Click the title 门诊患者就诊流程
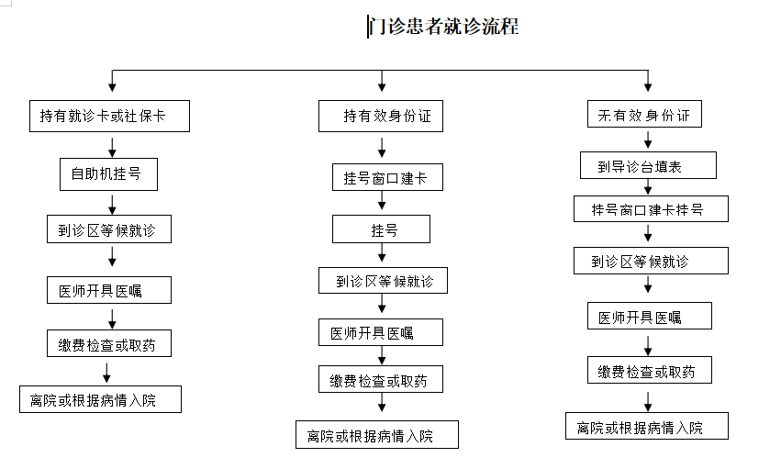pos(444,27)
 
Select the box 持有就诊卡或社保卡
pos(109,116)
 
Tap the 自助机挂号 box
pos(108,174)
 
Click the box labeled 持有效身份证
pos(381,116)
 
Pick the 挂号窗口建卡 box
pos(387,177)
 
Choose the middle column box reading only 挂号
pos(381,229)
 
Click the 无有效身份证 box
pos(644,114)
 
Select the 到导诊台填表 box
pos(648,165)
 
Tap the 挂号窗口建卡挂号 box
pos(651,208)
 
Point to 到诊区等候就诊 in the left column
pos(109,229)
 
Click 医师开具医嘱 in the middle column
pos(381,332)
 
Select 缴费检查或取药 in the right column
pos(650,370)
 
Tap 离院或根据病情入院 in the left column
pos(101,399)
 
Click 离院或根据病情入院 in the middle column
pos(377,435)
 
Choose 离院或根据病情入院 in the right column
pos(647,426)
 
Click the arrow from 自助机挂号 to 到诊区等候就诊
pos(112,205)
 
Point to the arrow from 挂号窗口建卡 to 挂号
pos(382,200)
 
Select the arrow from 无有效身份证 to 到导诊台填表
pos(648,140)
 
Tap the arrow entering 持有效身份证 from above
pos(382,81)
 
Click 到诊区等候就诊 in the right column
pos(651,261)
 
